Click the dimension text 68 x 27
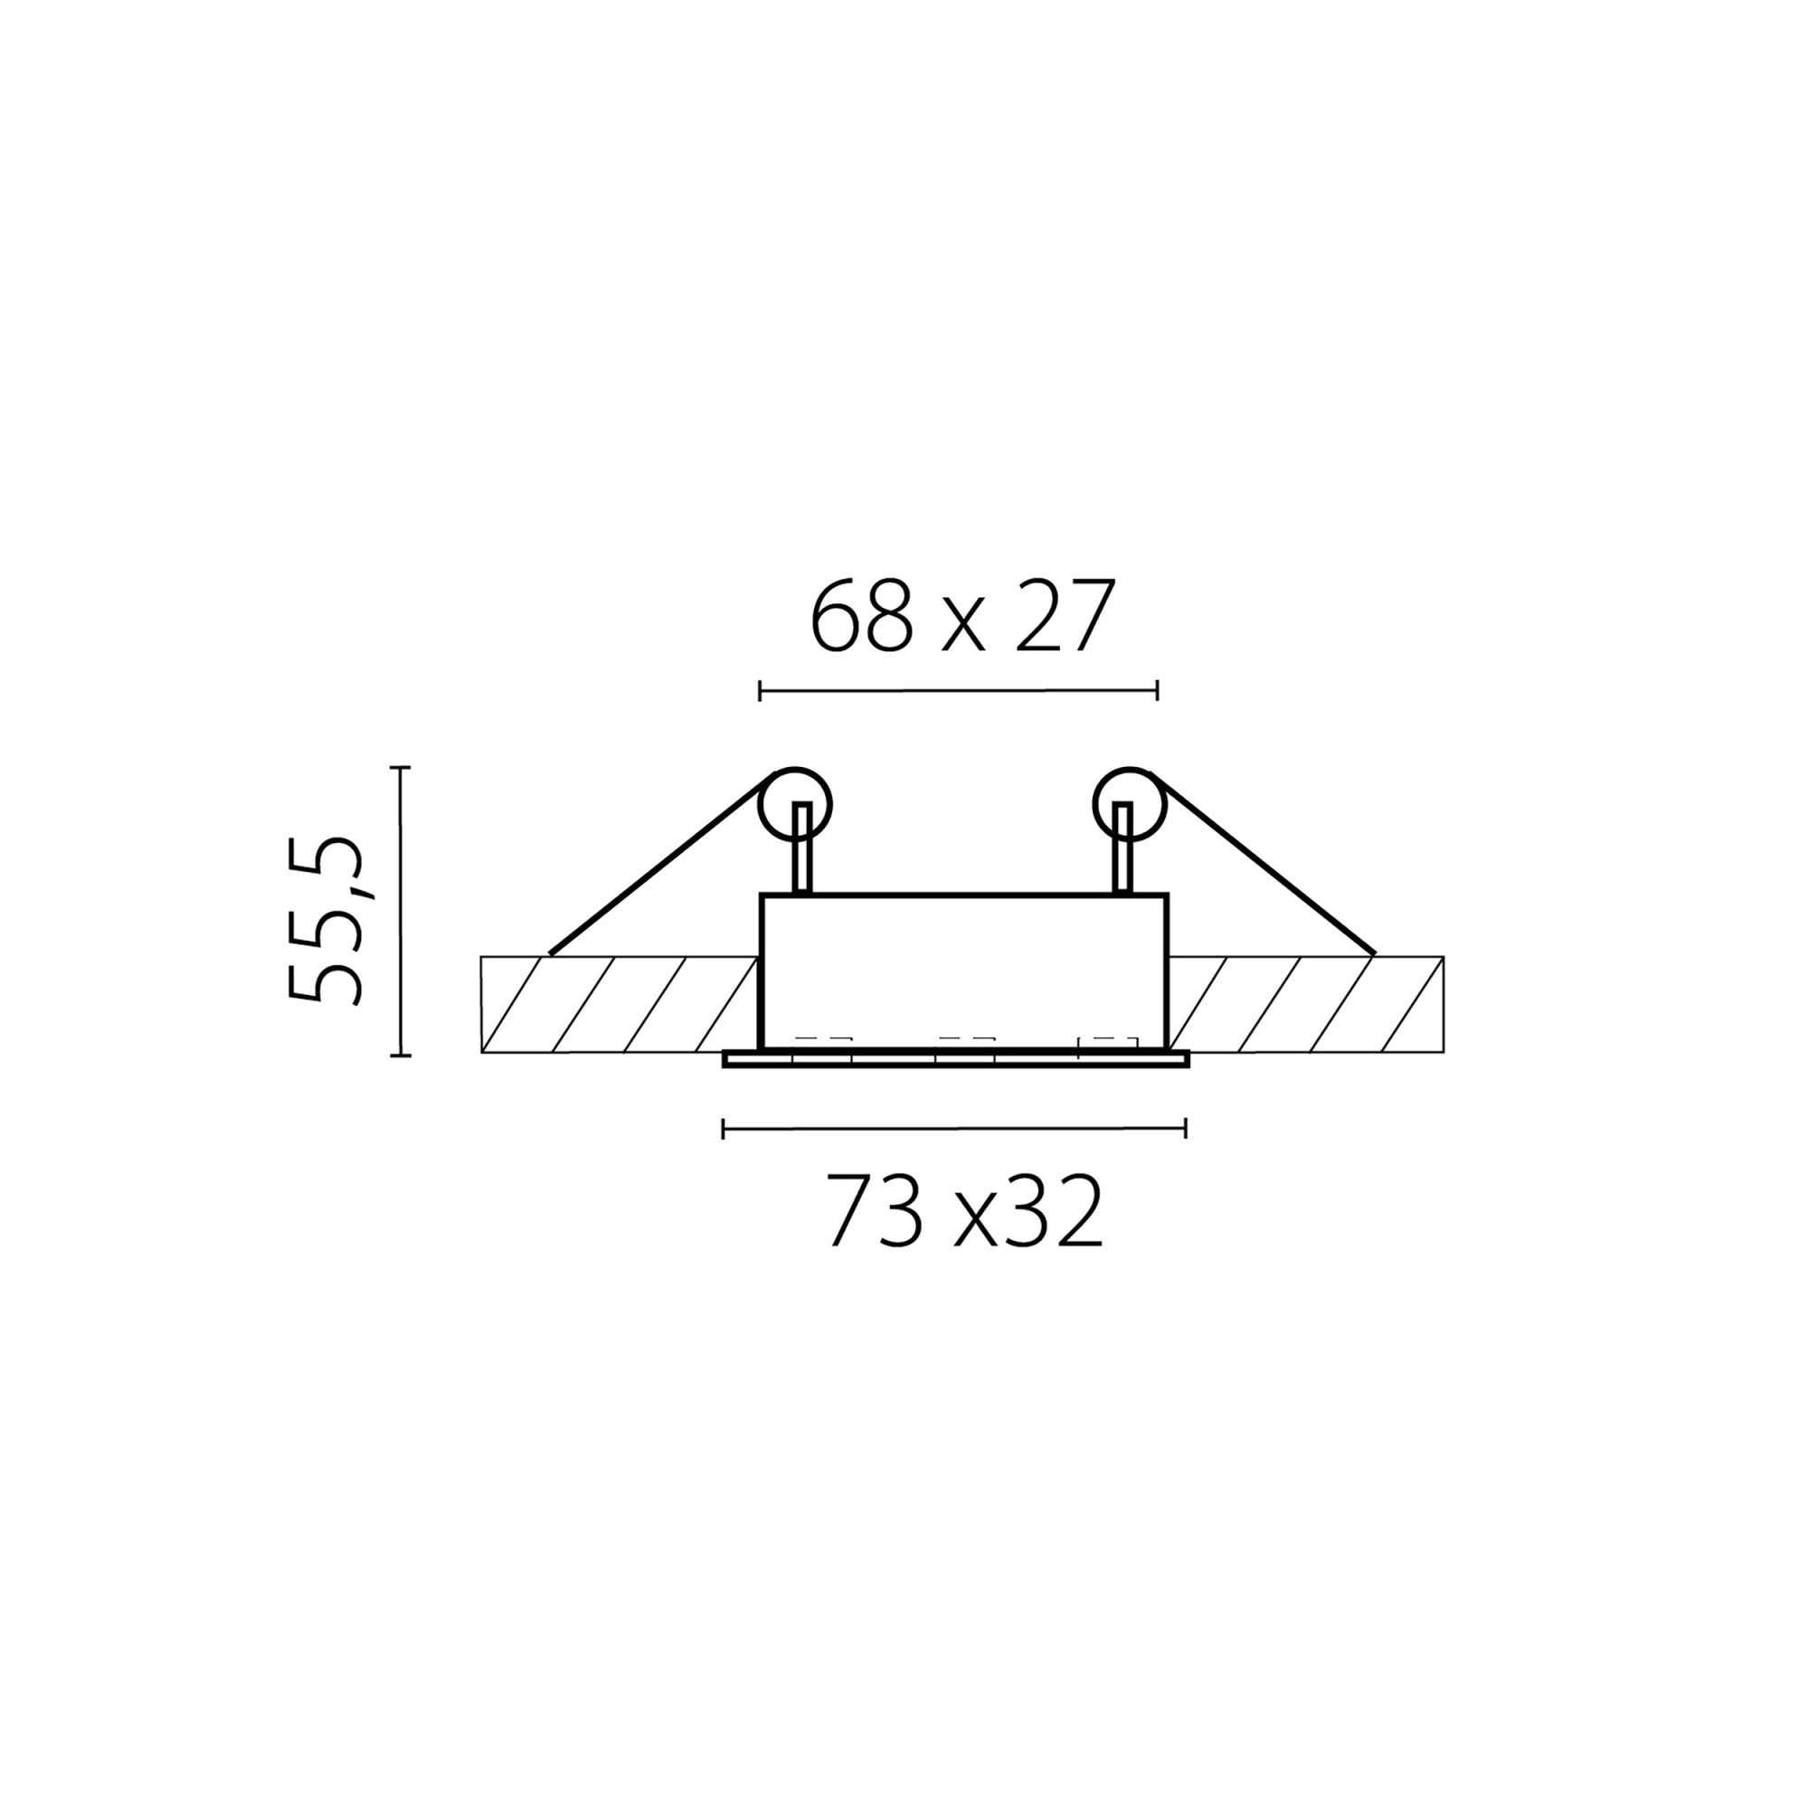[962, 616]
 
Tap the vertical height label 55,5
[324, 921]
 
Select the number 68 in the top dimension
[860, 616]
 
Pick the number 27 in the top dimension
[1066, 616]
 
